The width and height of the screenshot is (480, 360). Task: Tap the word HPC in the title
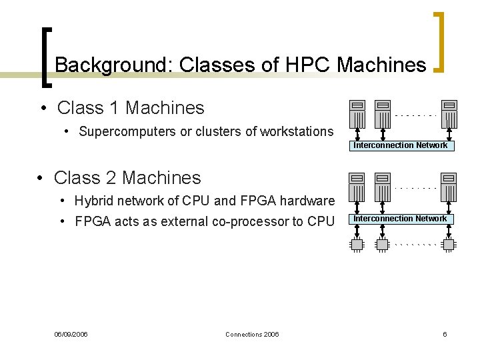(x=309, y=65)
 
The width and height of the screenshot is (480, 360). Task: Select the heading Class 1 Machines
(x=131, y=107)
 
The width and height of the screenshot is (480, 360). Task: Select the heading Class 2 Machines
(x=127, y=177)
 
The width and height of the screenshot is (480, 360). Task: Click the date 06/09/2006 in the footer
(x=71, y=334)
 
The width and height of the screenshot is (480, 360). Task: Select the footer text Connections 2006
(x=252, y=334)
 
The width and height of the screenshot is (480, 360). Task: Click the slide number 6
(x=445, y=334)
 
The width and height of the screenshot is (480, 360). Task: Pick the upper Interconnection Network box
(x=401, y=145)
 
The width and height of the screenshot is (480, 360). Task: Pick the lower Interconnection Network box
(x=401, y=219)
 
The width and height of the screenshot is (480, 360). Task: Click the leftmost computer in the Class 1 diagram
(x=357, y=112)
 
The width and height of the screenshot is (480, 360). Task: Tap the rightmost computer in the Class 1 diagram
(x=449, y=112)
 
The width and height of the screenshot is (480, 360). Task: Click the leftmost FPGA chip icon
(x=357, y=245)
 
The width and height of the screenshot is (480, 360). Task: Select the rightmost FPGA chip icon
(x=449, y=245)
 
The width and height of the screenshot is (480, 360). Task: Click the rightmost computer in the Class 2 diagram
(x=449, y=185)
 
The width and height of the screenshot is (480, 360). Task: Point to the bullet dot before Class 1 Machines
(x=42, y=108)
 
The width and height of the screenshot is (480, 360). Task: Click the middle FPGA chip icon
(x=382, y=245)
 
